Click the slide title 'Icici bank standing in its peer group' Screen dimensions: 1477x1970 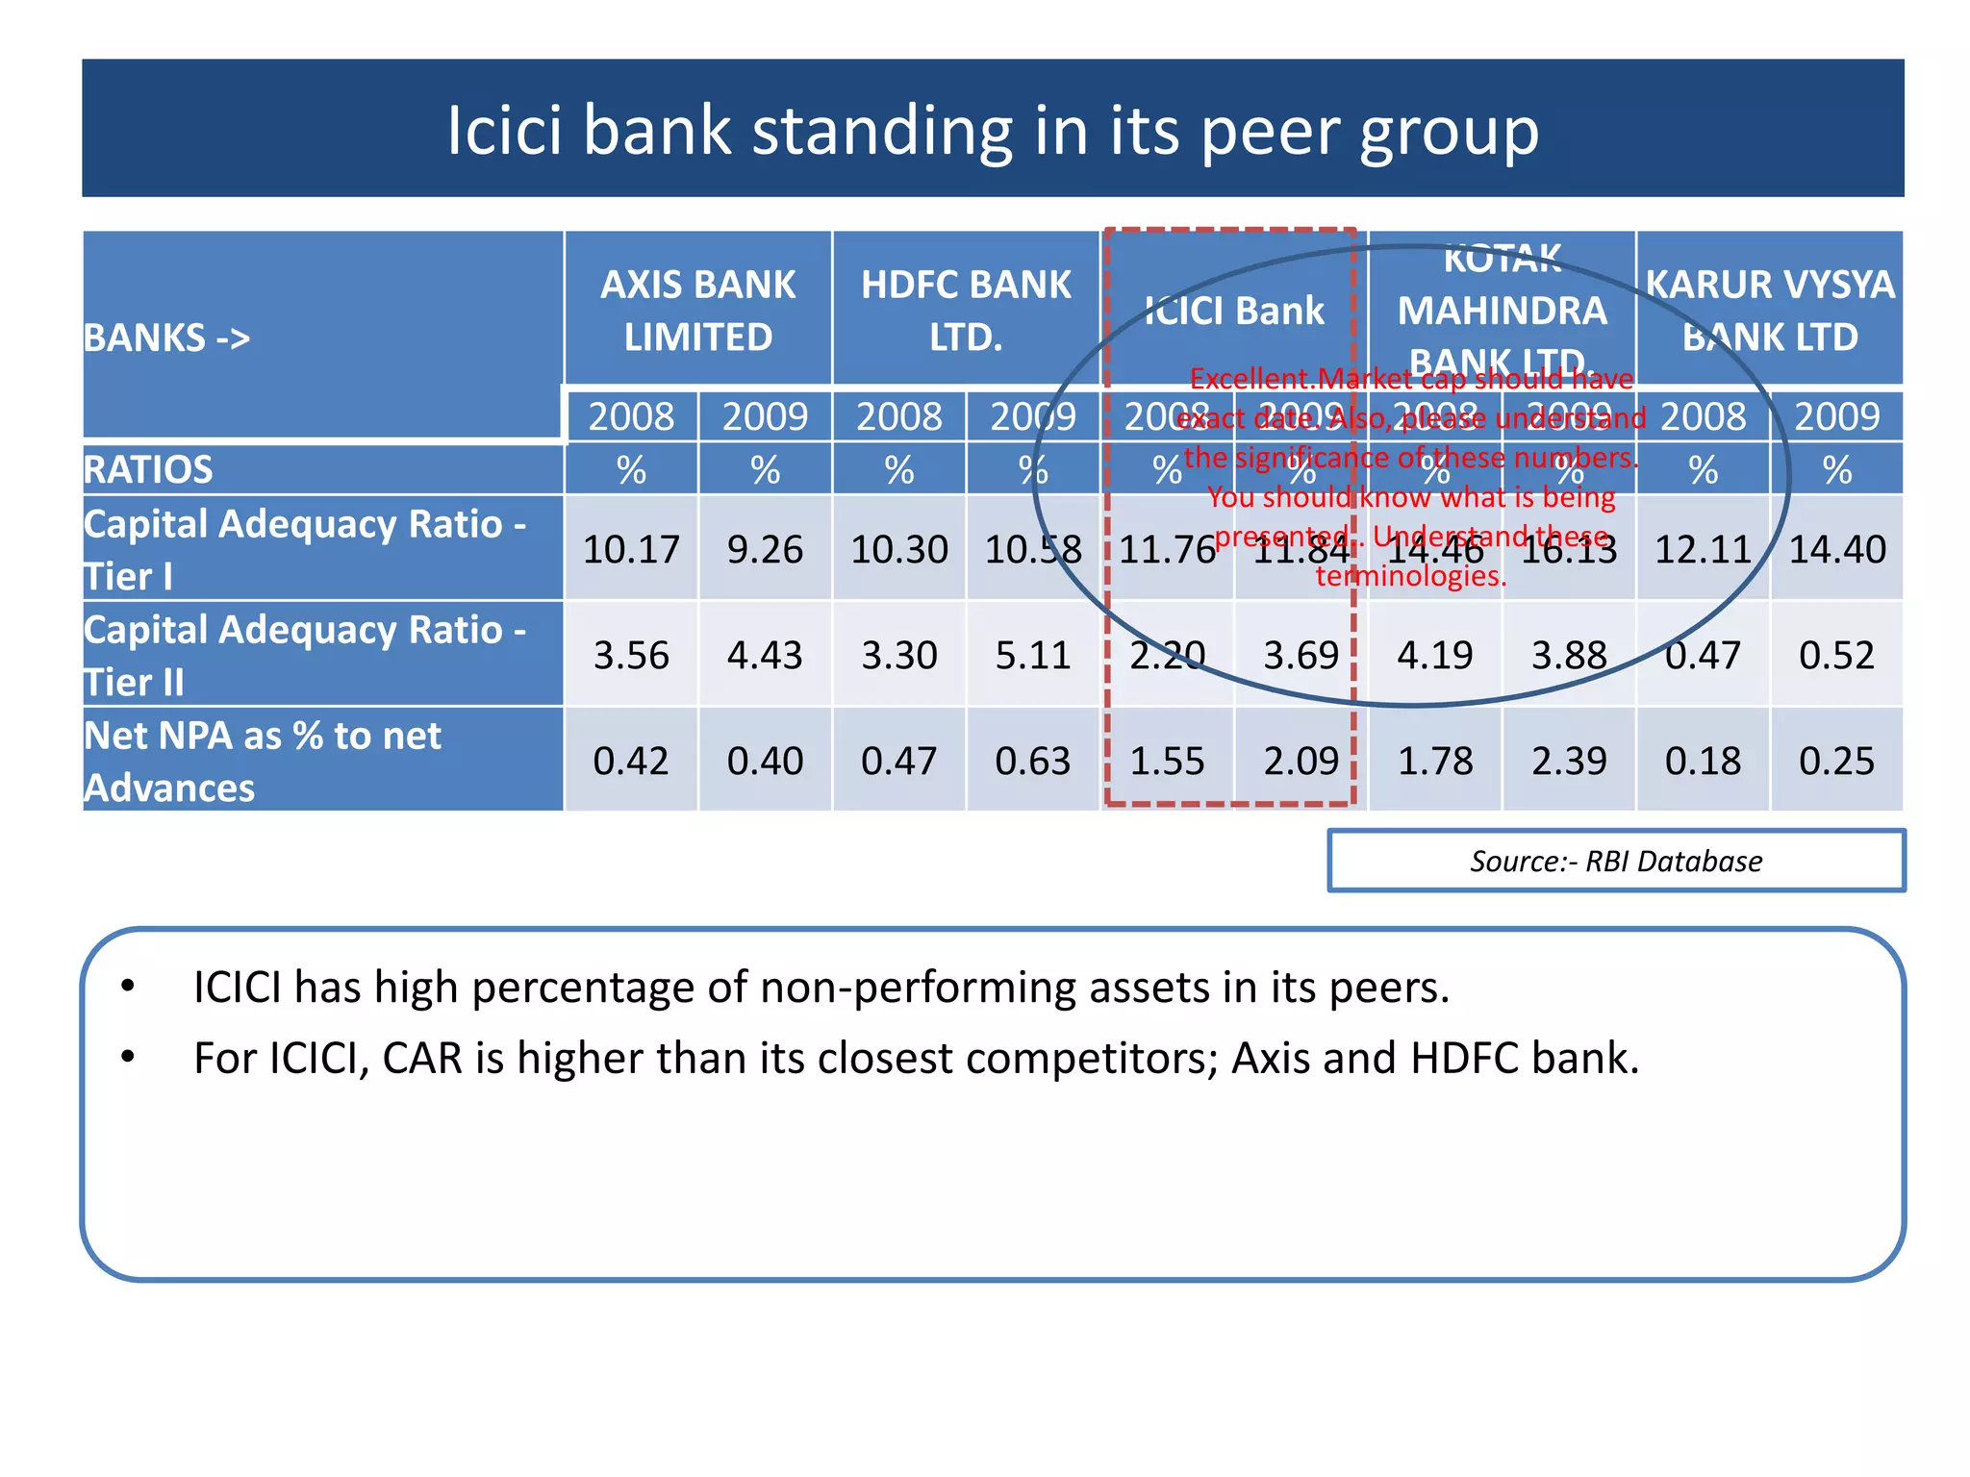point(992,130)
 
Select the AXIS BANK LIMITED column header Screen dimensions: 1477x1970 point(697,310)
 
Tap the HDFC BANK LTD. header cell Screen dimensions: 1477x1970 point(966,310)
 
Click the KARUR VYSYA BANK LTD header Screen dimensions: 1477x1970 point(1769,310)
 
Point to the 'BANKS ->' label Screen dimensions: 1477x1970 point(166,338)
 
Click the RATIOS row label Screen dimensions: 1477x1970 point(148,469)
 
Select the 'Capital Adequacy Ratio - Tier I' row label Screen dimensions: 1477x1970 point(304,549)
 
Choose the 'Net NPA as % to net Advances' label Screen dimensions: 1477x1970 point(262,761)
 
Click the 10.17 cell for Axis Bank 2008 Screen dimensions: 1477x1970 point(631,549)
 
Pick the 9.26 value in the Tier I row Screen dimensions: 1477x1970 point(765,549)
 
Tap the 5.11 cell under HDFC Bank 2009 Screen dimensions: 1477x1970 point(1032,655)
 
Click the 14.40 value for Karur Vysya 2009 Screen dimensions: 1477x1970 point(1836,549)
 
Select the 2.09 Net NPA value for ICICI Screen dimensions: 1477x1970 point(1301,761)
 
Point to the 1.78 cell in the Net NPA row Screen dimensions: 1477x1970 point(1434,761)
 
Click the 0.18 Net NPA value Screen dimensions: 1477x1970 point(1703,761)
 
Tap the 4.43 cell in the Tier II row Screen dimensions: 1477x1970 point(765,655)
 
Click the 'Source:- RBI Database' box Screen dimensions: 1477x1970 point(1615,861)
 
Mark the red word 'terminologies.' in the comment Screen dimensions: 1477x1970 point(1410,575)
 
